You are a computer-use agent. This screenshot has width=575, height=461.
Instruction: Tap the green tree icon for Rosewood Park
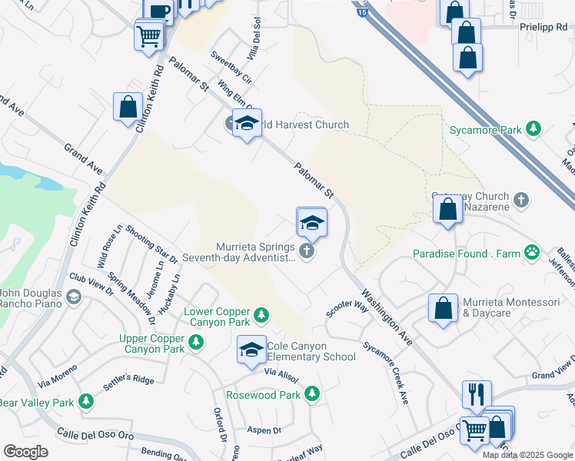tap(311, 394)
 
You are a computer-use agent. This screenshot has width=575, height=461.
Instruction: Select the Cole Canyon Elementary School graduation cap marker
tap(251, 350)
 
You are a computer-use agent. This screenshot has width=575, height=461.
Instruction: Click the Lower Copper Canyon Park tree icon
tap(261, 314)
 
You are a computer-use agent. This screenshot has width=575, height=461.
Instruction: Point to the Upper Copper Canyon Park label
tap(151, 343)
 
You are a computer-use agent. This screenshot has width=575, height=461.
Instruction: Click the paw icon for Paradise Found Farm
tap(531, 252)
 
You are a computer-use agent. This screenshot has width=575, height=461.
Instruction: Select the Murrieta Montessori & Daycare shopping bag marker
tap(444, 308)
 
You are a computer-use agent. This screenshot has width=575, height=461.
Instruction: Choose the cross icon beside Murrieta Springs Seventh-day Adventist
tap(307, 251)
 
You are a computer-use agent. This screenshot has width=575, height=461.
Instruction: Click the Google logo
tap(25, 452)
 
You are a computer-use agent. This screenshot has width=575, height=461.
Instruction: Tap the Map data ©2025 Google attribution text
tap(527, 455)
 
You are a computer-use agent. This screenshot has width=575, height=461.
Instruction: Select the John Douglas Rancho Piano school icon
tap(73, 297)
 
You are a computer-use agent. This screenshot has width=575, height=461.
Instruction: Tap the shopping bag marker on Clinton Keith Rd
tap(128, 108)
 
